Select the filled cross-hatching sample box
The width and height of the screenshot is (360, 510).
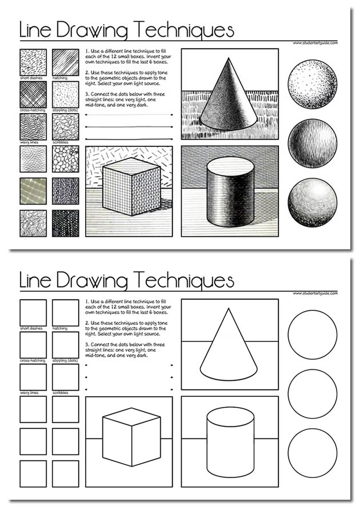tap(33, 94)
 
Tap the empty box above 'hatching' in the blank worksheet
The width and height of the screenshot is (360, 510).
tap(65, 312)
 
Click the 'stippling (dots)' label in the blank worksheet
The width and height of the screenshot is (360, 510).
tap(65, 361)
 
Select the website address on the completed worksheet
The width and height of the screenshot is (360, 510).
tap(315, 42)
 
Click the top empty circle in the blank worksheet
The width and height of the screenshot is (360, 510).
tap(312, 334)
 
